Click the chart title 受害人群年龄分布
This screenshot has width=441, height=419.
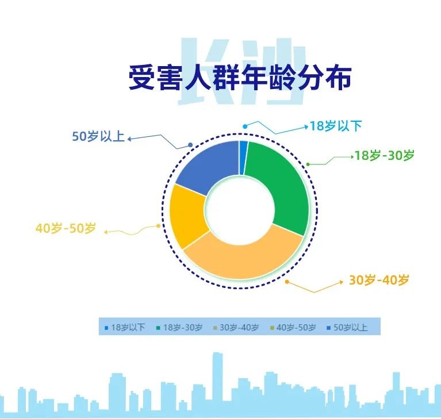(x=240, y=78)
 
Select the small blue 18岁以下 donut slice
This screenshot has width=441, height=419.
(x=243, y=157)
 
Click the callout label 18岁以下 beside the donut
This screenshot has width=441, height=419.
(x=336, y=126)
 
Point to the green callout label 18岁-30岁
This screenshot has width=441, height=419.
(x=384, y=155)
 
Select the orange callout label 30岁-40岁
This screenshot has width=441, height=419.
(x=379, y=280)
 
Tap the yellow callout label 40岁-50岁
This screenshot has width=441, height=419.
(x=66, y=228)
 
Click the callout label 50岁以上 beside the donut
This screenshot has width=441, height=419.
(x=98, y=136)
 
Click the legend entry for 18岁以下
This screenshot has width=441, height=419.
(x=125, y=328)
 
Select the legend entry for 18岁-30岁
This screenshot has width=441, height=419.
(x=179, y=328)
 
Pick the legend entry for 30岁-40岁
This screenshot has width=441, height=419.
(x=236, y=328)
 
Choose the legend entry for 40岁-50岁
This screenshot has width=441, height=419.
(x=293, y=328)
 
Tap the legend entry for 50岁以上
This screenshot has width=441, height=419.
(x=347, y=328)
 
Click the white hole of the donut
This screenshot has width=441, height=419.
(x=240, y=210)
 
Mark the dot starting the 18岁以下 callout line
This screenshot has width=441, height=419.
(x=245, y=126)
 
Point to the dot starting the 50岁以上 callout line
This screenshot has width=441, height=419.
(x=190, y=145)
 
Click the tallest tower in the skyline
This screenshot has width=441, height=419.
(x=217, y=382)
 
